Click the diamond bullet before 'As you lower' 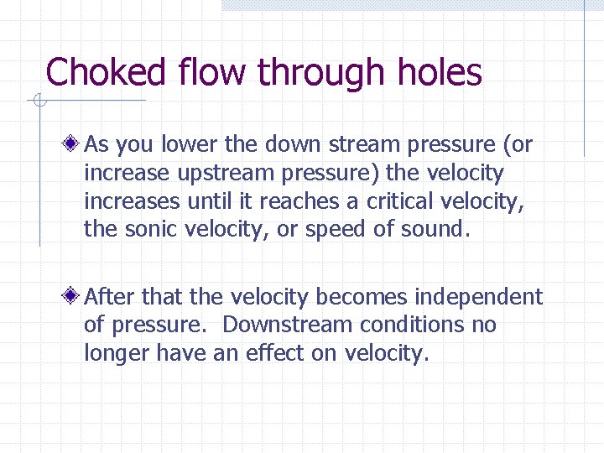[75, 144]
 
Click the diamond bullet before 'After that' [75, 296]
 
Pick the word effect [275, 353]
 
